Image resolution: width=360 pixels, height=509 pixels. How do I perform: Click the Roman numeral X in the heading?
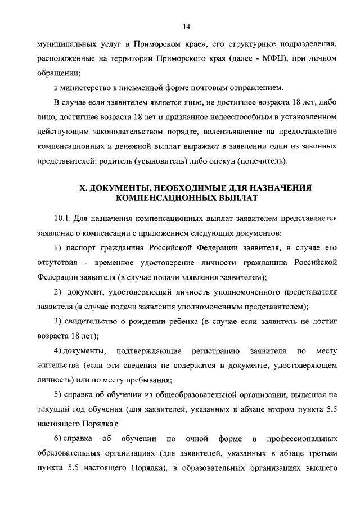82,187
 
